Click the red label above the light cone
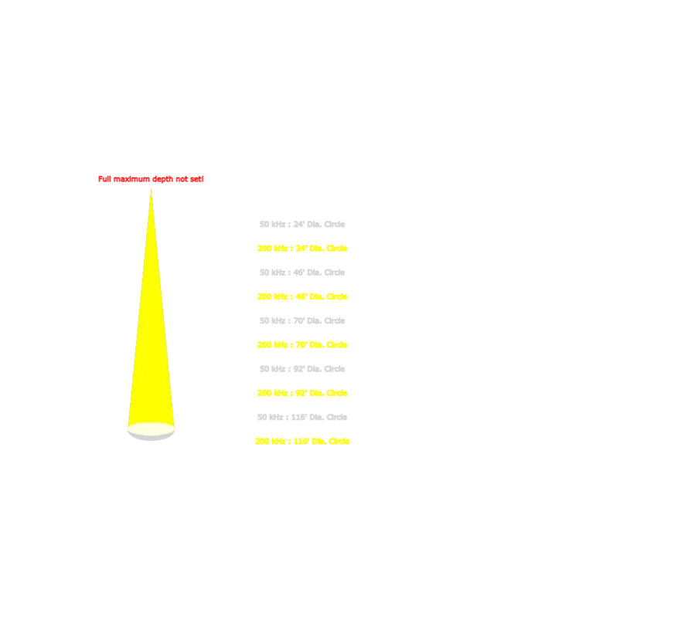coord(149,179)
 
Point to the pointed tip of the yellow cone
coord(152,190)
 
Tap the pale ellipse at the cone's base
coord(152,428)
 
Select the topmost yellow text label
coord(303,248)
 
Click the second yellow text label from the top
coord(303,296)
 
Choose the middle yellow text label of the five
coord(303,345)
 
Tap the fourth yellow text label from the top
coord(303,394)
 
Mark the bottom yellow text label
coord(303,442)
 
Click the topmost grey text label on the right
coord(301,223)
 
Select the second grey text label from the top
coord(301,272)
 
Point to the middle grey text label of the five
coord(301,320)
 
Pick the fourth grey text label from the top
coord(301,370)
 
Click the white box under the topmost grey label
coord(309,235)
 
